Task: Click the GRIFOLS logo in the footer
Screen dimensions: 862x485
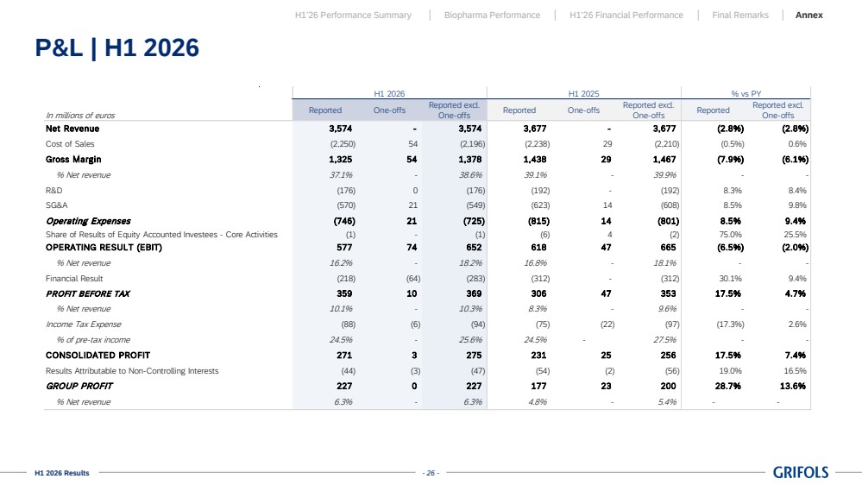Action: pyautogui.click(x=801, y=472)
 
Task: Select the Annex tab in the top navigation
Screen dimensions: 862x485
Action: pyautogui.click(x=809, y=16)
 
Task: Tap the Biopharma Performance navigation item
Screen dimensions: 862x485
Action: pyautogui.click(x=492, y=16)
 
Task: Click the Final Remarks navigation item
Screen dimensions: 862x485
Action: pyautogui.click(x=740, y=16)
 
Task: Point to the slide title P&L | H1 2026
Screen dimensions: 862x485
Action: pyautogui.click(x=117, y=47)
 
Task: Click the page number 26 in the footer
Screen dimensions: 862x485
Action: pyautogui.click(x=431, y=473)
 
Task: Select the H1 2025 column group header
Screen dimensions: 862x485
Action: pyautogui.click(x=584, y=94)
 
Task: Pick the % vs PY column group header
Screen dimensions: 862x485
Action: pyautogui.click(x=746, y=94)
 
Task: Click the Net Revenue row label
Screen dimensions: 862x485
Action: pyautogui.click(x=72, y=129)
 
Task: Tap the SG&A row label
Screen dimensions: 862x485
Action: pyautogui.click(x=57, y=205)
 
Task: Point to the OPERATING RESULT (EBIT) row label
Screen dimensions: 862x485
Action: pyautogui.click(x=104, y=248)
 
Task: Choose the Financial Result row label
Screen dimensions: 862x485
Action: pyautogui.click(x=74, y=278)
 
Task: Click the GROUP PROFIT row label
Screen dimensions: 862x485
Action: pyautogui.click(x=79, y=386)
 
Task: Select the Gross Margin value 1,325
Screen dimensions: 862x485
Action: pyautogui.click(x=341, y=160)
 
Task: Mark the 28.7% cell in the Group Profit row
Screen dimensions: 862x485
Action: pyautogui.click(x=728, y=386)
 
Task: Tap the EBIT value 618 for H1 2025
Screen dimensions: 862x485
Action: pyautogui.click(x=538, y=248)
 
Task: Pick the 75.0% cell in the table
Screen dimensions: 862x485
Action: pyautogui.click(x=730, y=234)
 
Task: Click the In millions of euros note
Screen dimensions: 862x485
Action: pyautogui.click(x=80, y=116)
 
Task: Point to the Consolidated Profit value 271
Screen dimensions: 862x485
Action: pyautogui.click(x=344, y=356)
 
